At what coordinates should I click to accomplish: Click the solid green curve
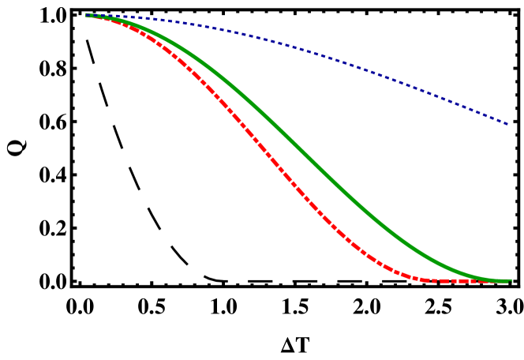[x=316, y=164]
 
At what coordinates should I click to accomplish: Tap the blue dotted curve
[x=316, y=53]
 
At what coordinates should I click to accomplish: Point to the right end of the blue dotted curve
[x=507, y=124]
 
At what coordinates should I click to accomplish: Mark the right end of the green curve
[x=510, y=280]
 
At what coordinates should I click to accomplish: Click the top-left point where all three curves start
[x=87, y=15]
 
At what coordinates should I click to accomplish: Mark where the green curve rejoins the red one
[x=497, y=280]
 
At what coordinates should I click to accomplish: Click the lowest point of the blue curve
[x=507, y=124]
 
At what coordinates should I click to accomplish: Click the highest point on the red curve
[x=88, y=16]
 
